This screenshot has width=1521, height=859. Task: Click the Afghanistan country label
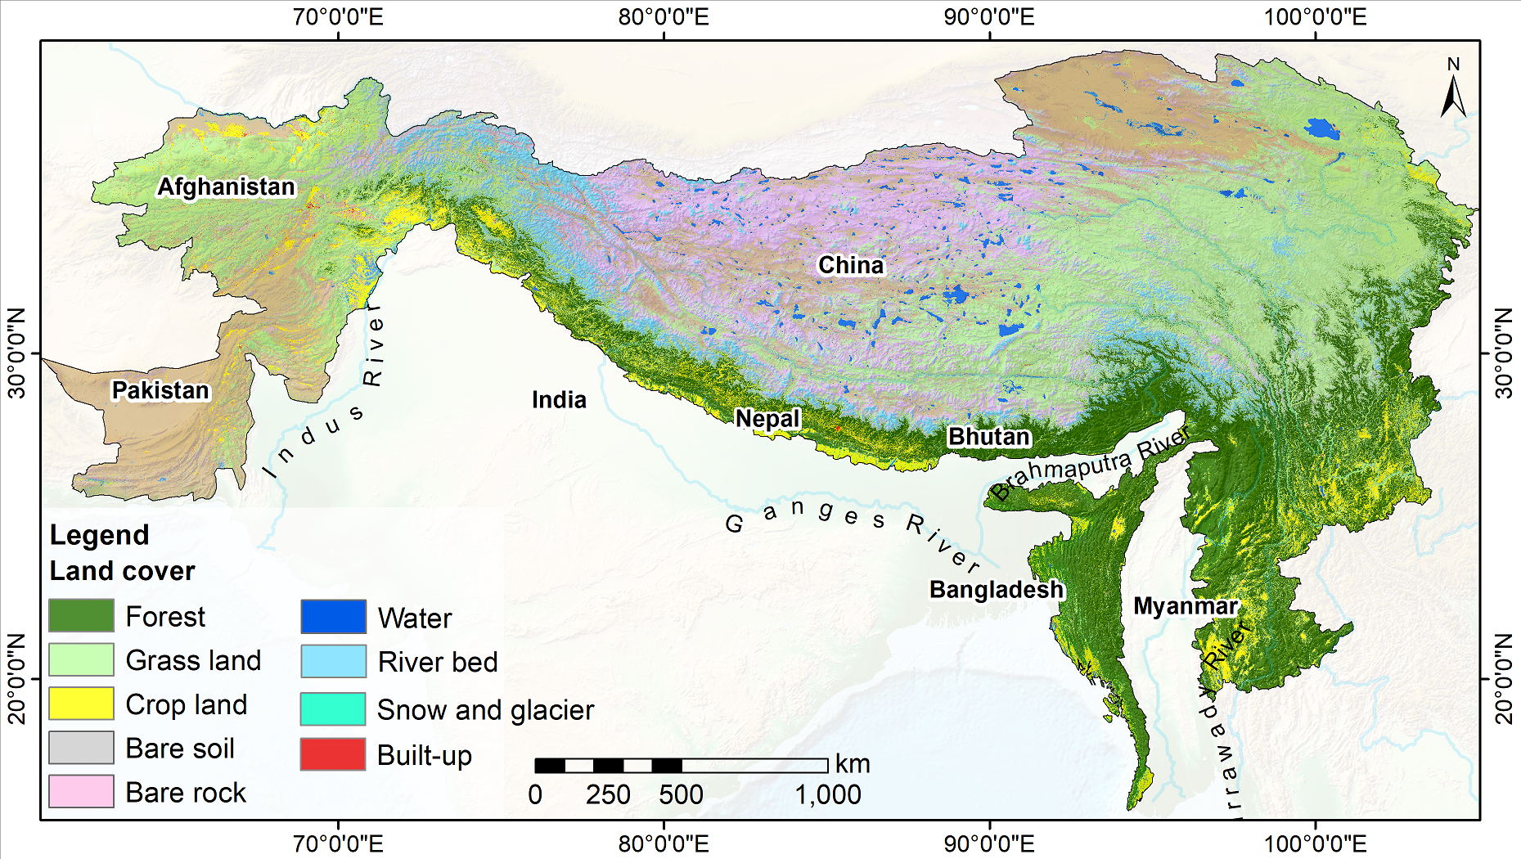pos(226,187)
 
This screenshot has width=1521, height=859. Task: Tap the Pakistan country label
pos(160,390)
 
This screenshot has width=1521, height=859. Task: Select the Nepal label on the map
pos(767,419)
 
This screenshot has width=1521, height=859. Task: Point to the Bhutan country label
pos(988,436)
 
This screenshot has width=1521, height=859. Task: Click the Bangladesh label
pos(996,589)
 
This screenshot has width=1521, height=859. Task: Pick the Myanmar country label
pos(1186,606)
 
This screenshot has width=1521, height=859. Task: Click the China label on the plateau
pos(851,265)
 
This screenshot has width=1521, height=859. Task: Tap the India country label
pos(559,399)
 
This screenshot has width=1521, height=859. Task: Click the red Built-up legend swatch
pos(332,754)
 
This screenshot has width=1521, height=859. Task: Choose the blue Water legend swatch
pos(332,617)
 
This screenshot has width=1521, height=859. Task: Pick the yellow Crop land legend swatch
pos(81,704)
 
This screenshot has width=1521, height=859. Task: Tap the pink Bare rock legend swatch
pos(81,792)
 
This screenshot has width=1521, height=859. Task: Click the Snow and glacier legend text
pos(485,710)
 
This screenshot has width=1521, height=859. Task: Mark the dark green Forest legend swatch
pos(81,615)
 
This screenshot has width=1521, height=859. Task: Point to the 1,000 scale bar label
pos(828,794)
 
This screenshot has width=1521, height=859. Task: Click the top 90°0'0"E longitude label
pos(989,16)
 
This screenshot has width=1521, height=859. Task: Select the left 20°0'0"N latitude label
pos(16,678)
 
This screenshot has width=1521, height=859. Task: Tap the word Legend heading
pos(99,535)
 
